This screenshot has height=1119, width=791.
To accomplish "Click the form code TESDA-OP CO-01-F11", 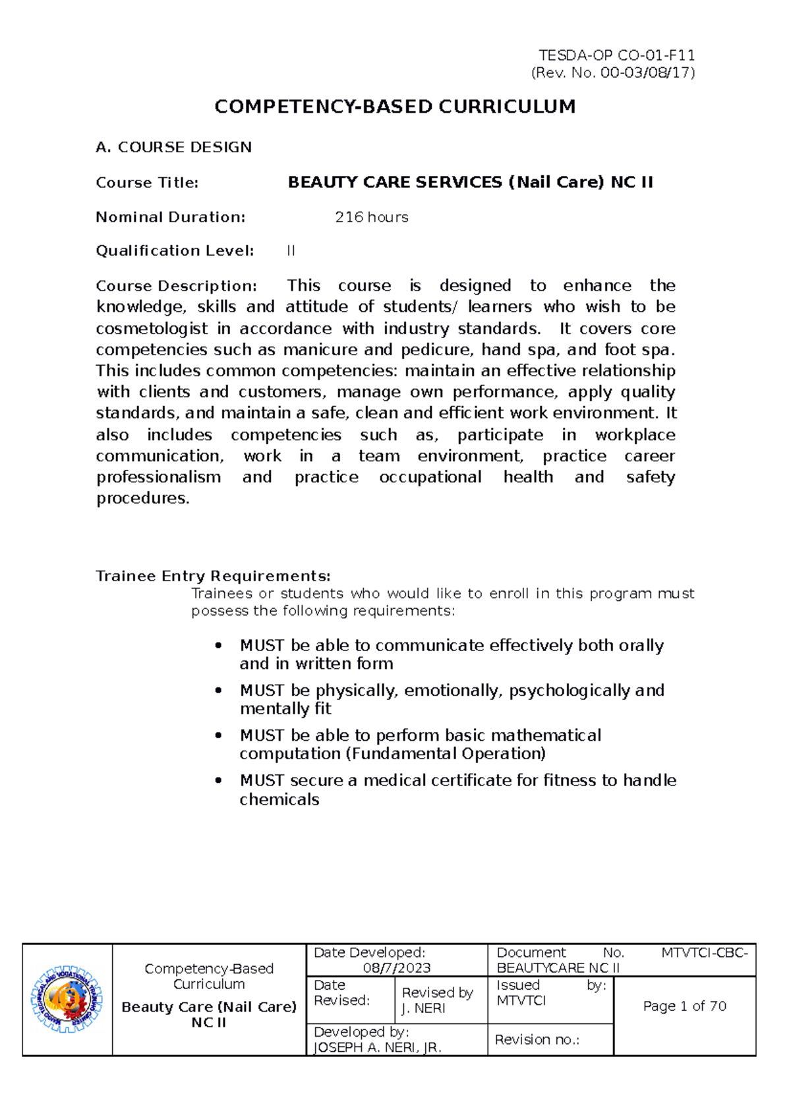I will (616, 55).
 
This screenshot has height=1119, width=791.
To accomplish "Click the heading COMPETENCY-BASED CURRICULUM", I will (395, 107).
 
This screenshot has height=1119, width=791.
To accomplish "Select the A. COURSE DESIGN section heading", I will (173, 147).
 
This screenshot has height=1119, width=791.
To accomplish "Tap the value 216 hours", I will (371, 217).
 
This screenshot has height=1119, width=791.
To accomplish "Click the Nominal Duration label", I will (170, 217).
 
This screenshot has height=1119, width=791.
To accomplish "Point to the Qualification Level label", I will (175, 250).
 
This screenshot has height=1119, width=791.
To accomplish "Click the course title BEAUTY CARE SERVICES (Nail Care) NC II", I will (470, 183).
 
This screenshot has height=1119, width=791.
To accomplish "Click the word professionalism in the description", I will (158, 477).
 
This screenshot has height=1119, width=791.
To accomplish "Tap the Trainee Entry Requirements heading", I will (213, 576).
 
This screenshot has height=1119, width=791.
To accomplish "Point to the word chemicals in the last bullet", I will (279, 799).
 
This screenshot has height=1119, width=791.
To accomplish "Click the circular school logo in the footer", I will (67, 999).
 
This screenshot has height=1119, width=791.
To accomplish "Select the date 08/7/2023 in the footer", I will (396, 967).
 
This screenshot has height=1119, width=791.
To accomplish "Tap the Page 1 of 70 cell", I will (684, 1006).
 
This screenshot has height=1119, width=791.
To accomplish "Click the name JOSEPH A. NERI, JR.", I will (377, 1047).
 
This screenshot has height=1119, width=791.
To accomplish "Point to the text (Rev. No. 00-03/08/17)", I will (612, 72).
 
